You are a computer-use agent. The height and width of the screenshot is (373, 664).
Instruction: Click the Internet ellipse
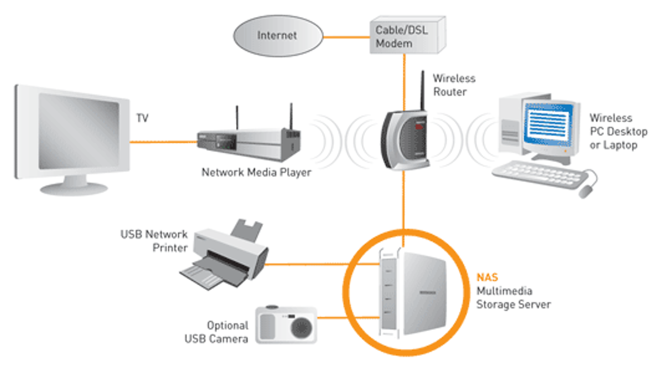click(x=277, y=36)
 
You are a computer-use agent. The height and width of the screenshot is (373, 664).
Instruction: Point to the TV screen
click(x=79, y=131)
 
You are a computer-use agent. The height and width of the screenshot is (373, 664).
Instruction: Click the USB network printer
click(x=225, y=255)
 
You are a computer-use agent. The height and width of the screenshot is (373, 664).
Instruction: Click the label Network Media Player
click(x=256, y=172)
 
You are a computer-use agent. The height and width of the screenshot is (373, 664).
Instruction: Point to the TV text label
click(x=142, y=118)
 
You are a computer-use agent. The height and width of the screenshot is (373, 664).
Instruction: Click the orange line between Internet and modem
click(x=346, y=38)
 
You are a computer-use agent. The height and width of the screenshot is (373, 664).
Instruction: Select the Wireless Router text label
click(x=454, y=85)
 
